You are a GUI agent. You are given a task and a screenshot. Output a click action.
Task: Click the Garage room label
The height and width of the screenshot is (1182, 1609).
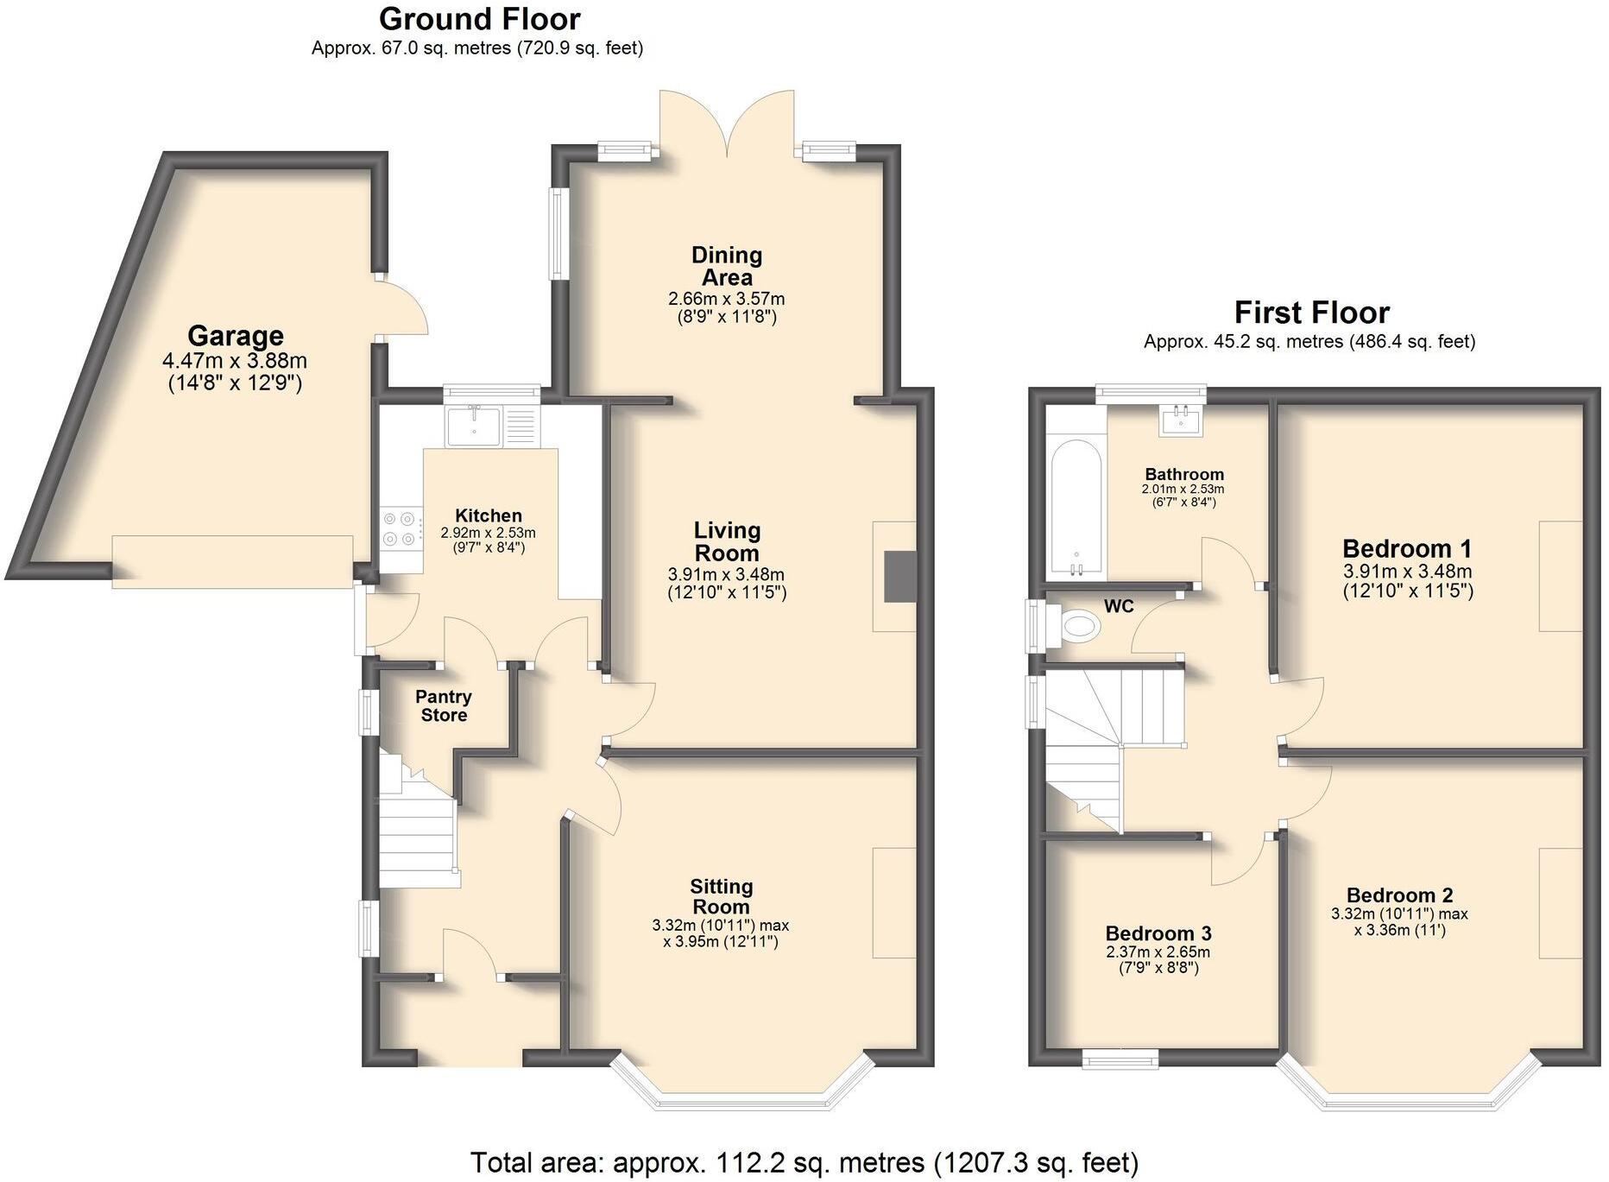pos(235,336)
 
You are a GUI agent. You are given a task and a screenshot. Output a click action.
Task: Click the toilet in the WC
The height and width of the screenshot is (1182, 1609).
pos(1077,625)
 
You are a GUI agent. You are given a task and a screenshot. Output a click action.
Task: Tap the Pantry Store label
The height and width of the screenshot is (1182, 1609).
pos(444,705)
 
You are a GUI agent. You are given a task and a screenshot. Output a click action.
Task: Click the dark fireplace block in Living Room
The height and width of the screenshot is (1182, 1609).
pos(899,576)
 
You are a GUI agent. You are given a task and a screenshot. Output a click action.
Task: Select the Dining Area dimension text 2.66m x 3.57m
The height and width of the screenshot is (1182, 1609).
pos(726,299)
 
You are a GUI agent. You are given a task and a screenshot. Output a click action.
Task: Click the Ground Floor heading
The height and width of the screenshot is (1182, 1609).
pos(479,18)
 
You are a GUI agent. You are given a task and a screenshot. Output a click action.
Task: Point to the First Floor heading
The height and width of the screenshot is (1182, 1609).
pos(1311,312)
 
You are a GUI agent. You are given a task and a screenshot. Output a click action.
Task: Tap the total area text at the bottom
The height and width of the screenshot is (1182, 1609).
pos(804,1162)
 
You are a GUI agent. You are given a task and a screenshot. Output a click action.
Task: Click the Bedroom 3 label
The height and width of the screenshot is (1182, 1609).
pos(1158,933)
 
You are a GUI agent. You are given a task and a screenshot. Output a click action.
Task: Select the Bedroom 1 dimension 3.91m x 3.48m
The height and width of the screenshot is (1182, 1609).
pos(1407,572)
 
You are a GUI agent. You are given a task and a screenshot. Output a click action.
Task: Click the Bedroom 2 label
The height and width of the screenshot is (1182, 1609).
pos(1399,895)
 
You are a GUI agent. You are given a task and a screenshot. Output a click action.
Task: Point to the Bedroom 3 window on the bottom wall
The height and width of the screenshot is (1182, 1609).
pos(1120,1059)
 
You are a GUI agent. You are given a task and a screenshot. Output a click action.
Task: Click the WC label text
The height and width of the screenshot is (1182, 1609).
pos(1119,607)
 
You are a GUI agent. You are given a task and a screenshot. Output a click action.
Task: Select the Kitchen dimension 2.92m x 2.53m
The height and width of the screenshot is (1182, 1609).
pos(488,534)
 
